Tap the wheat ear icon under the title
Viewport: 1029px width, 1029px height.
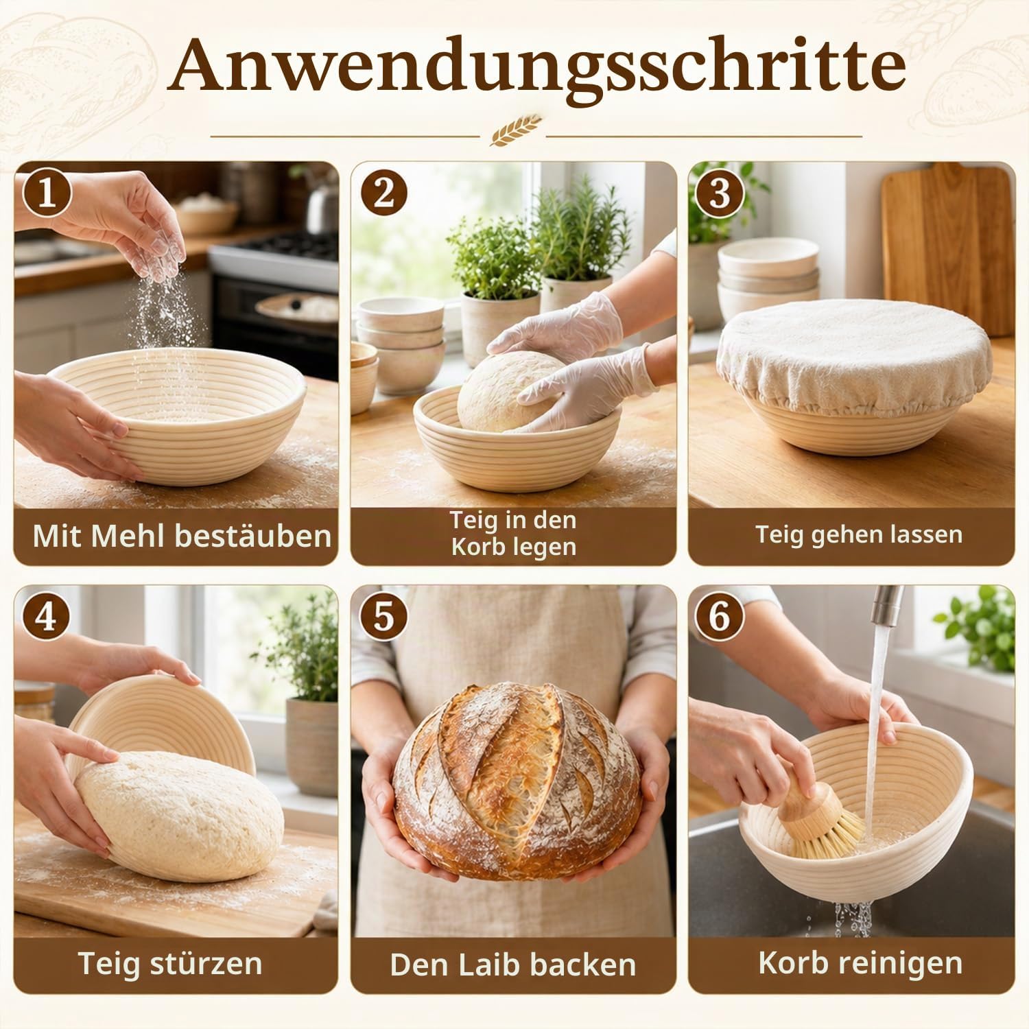515,130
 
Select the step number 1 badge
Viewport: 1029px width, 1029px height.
47,193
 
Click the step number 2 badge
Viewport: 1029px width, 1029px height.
383,193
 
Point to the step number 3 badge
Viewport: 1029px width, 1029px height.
719,193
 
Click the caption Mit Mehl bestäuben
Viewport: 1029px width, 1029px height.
182,536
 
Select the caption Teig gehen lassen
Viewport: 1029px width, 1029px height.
859,534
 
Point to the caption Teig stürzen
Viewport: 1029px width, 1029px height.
170,963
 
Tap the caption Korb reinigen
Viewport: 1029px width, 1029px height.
860,963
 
